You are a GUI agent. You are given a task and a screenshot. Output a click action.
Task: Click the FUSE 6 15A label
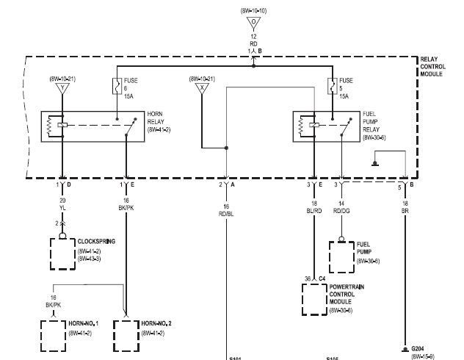129,87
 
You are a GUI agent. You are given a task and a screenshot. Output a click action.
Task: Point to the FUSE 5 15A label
346,87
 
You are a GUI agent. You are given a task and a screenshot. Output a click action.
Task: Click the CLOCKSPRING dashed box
62,251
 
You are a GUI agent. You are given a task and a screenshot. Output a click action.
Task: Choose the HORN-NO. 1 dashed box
53,334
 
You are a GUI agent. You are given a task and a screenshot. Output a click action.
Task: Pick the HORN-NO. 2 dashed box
126,334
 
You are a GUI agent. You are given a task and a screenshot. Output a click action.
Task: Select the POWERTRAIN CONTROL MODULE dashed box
314,296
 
